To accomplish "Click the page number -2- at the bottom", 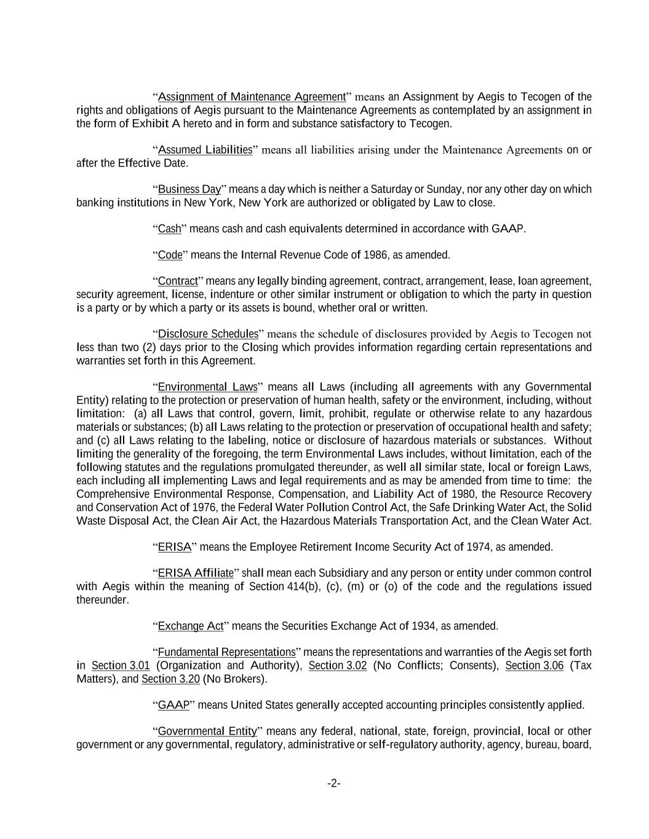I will (334, 783).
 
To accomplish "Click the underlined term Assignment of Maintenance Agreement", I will (252, 97).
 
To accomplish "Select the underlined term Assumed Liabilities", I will (205, 149).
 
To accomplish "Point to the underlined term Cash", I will (169, 229).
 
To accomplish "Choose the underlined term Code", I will (170, 254).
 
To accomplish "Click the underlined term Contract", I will (178, 281).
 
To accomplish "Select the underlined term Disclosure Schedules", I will (208, 334).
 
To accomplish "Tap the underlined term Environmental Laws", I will (207, 387).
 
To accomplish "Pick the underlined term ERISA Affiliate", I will (196, 573).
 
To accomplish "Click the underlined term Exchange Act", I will (191, 626).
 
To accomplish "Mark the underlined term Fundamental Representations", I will (226, 652).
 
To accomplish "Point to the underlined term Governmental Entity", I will (207, 731).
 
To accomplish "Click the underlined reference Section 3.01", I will (121, 665).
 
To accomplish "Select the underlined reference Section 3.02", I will (338, 665).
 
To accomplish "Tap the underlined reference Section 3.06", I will (534, 665).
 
